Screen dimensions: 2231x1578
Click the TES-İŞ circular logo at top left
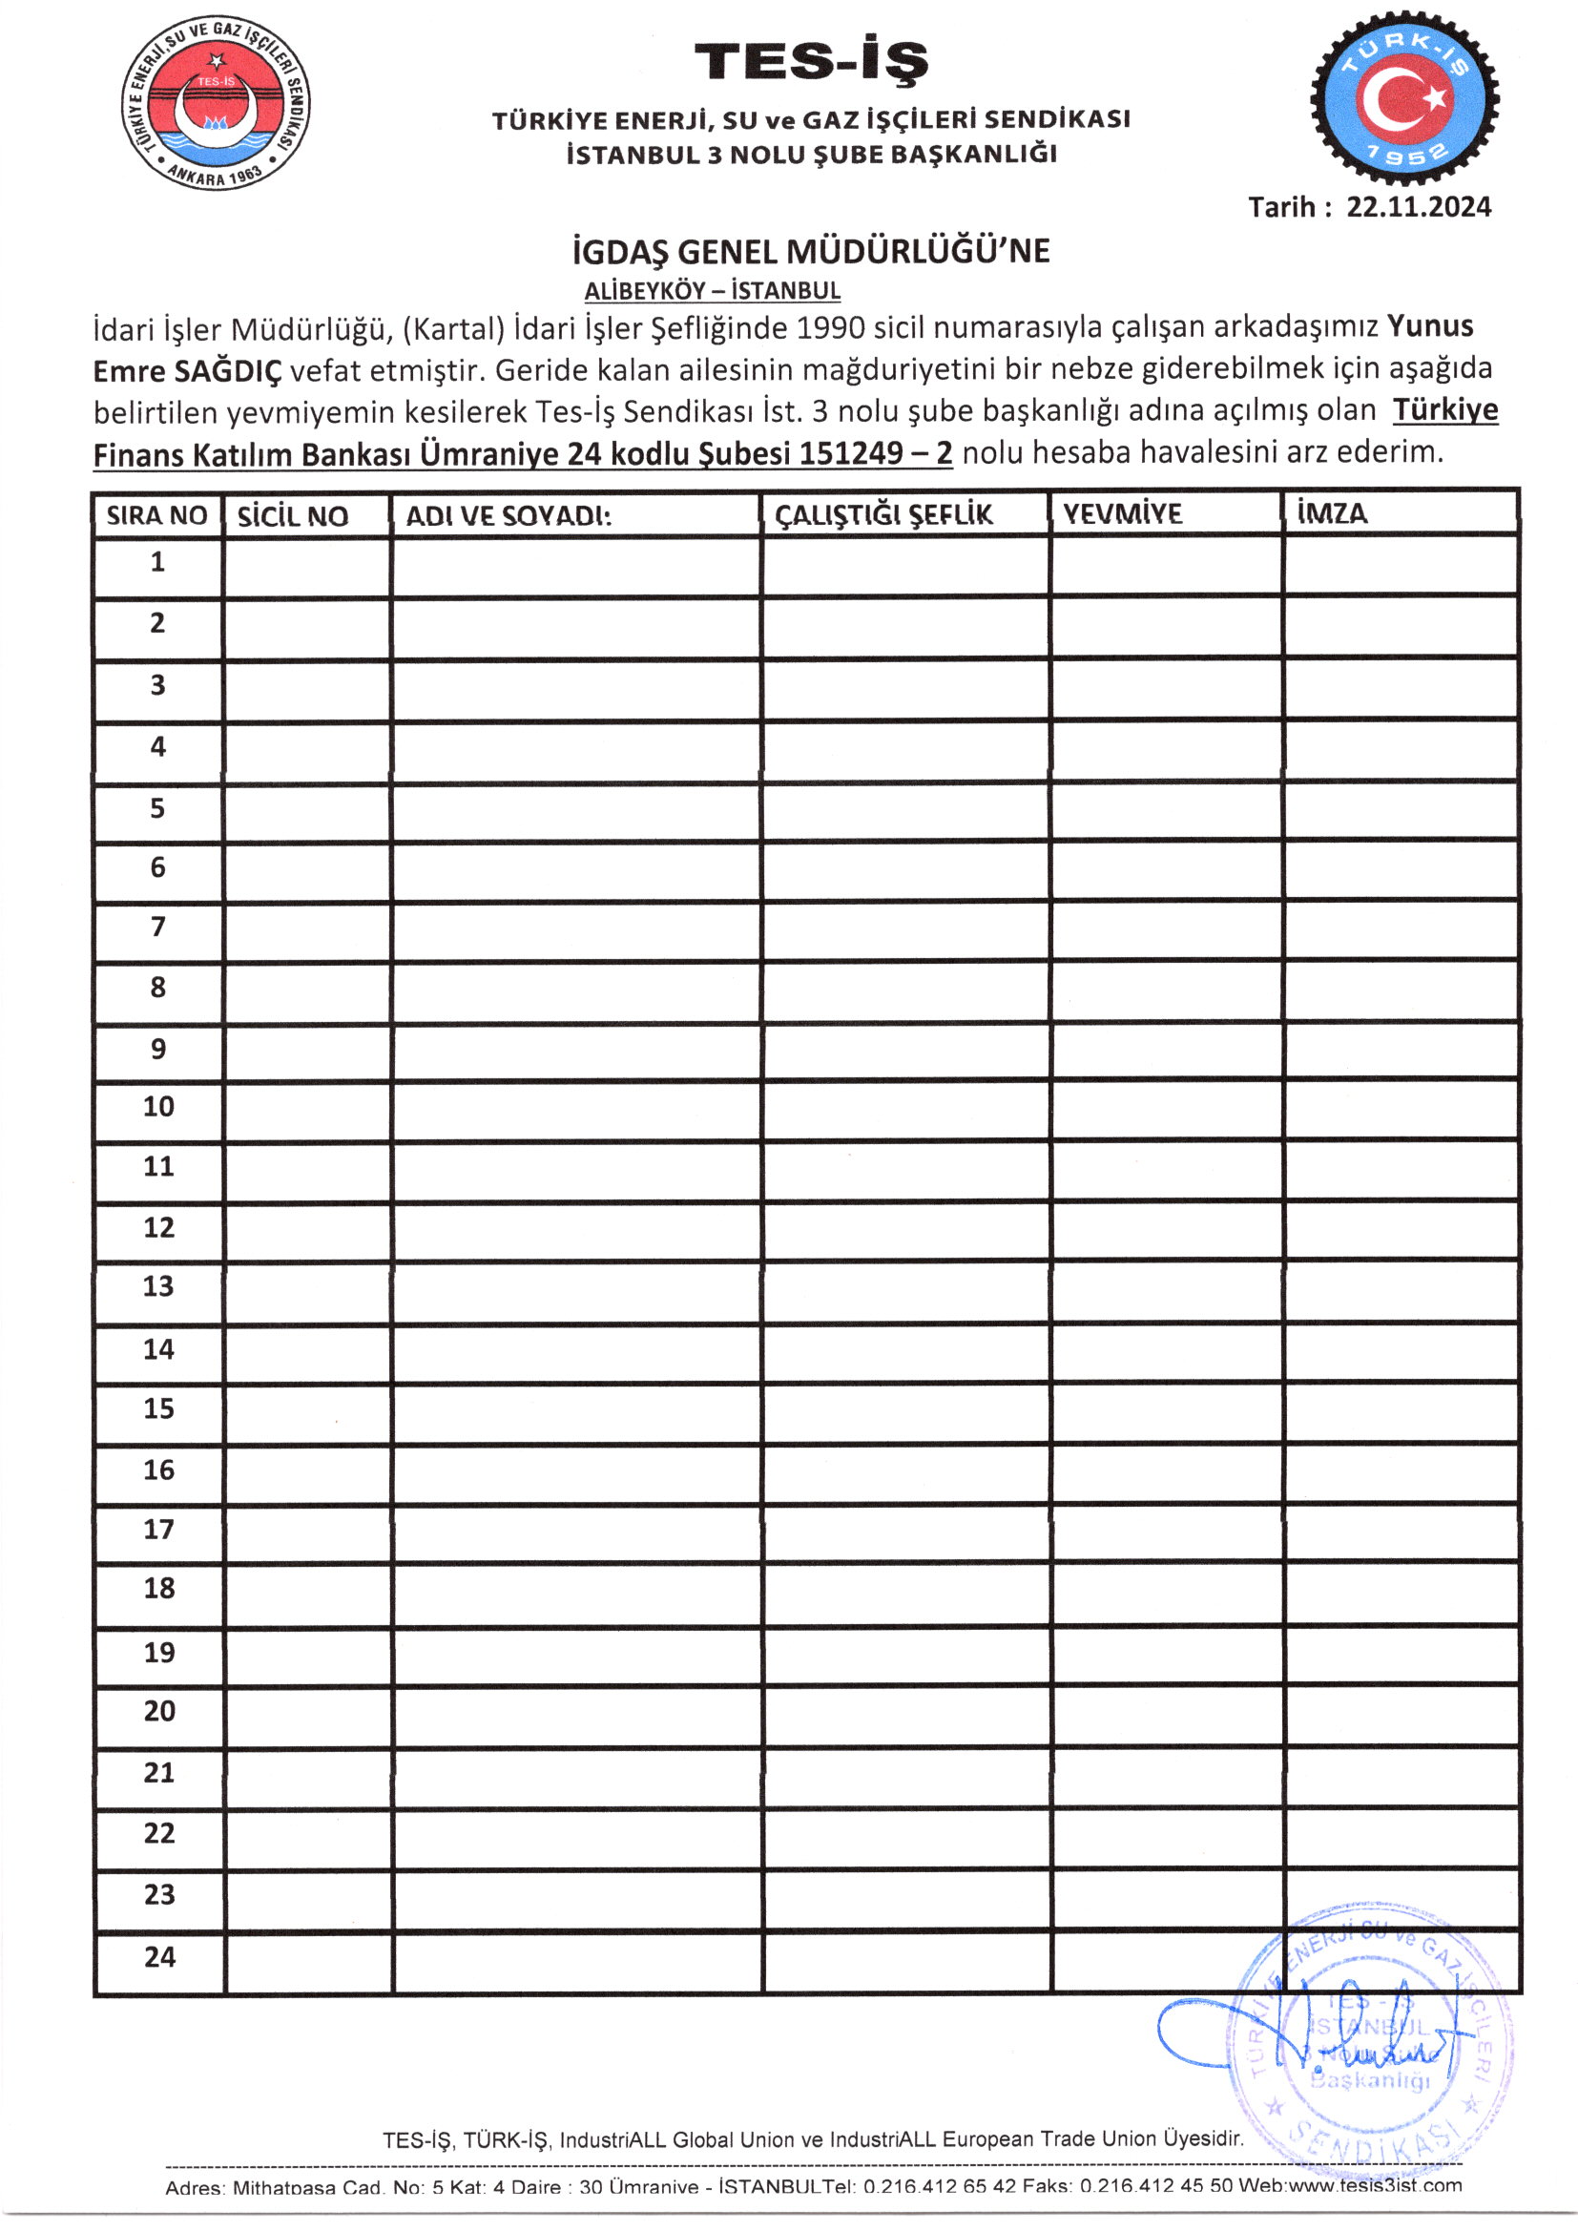click(x=216, y=102)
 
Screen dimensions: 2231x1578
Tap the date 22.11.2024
click(x=1418, y=207)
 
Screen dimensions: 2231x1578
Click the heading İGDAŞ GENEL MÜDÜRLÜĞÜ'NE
click(x=810, y=252)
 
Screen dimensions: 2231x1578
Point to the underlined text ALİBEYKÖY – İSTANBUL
click(x=713, y=290)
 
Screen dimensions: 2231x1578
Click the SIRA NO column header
click(x=156, y=515)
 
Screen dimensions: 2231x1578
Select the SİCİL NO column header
click(x=293, y=516)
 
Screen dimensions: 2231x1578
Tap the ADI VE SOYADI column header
click(x=509, y=516)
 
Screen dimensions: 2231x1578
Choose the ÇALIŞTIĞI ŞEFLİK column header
click(x=883, y=514)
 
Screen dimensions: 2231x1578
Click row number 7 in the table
click(x=157, y=927)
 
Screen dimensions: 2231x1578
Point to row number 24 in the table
click(x=159, y=1957)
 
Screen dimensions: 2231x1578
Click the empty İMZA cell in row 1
click(x=1401, y=567)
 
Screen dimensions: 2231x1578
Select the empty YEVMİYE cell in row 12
click(x=1166, y=1230)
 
